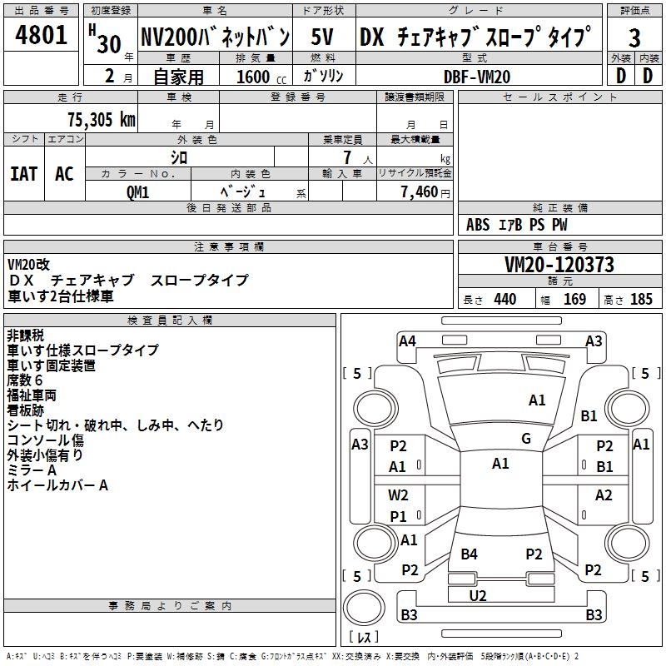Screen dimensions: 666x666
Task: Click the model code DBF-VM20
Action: [477, 77]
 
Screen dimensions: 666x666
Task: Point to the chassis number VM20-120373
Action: [559, 266]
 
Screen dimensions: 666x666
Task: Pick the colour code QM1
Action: [137, 192]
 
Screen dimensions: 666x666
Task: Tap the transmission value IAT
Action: [23, 174]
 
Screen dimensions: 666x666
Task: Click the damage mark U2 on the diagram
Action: [478, 595]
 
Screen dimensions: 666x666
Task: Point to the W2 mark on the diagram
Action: [399, 495]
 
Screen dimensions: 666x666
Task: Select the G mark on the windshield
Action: [526, 439]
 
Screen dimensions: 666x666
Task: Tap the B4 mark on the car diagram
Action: [470, 554]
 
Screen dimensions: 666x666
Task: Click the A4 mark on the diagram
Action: [407, 340]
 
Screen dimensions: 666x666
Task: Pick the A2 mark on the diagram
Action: [604, 495]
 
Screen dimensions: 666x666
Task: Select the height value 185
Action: [642, 300]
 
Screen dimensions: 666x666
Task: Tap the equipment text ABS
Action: [478, 225]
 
